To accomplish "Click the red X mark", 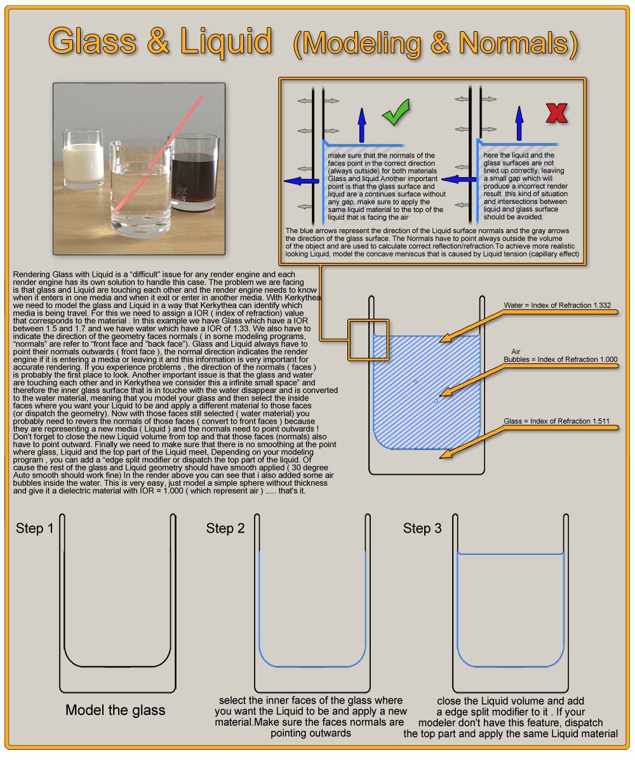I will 556,113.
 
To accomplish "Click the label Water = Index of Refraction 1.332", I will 557,305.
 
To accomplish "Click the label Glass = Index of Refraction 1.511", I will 556,421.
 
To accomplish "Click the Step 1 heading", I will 35,528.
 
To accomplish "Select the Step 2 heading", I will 225,528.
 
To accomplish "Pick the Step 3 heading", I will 422,528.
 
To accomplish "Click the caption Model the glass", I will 116,710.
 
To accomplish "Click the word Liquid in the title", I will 226,41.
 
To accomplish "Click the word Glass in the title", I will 93,41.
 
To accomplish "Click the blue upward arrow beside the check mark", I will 361,124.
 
